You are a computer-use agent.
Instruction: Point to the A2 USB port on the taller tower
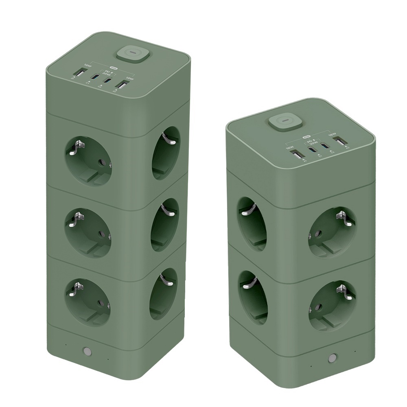point(121,85)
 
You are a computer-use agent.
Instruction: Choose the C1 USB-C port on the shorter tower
point(312,149)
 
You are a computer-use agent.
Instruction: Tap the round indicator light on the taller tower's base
point(86,351)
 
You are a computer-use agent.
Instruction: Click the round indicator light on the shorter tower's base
point(333,359)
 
